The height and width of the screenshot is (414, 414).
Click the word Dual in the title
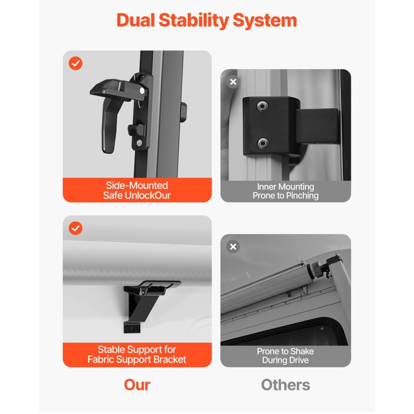136,20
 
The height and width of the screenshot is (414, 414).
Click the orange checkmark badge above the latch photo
75,63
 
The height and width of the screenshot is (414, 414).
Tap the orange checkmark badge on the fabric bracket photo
75,228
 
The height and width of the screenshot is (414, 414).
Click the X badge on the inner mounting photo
233,82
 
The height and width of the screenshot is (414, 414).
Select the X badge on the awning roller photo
233,247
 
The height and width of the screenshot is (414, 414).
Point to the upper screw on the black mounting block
262,106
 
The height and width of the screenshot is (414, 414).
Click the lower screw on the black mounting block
263,143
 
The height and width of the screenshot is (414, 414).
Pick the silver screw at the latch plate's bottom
139,142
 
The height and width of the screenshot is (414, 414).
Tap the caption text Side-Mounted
137,185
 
